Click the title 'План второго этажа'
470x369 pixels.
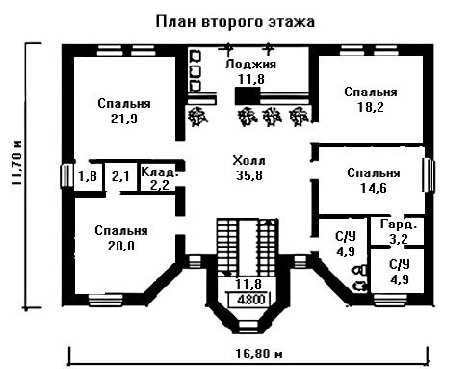tap(235, 22)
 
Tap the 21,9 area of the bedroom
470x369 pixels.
tap(124, 119)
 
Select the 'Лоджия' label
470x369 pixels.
tap(250, 65)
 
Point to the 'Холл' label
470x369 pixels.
tap(249, 160)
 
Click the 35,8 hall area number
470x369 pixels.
tap(249, 175)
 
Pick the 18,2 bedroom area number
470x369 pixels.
tap(371, 107)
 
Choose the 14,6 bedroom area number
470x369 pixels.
tap(374, 188)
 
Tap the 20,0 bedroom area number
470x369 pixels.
tap(121, 246)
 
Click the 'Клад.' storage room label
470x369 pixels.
tap(160, 171)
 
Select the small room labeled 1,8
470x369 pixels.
tap(88, 176)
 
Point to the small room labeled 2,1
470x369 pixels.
tap(120, 176)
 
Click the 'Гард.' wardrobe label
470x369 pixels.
tap(399, 224)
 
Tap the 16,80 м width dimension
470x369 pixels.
tap(259, 354)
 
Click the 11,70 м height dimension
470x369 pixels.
tap(16, 163)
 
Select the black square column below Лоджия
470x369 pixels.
tap(248, 95)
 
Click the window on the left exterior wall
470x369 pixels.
tap(66, 175)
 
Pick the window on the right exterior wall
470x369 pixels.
tap(429, 175)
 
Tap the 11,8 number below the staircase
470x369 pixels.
tap(248, 284)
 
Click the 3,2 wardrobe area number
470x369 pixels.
tap(399, 239)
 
